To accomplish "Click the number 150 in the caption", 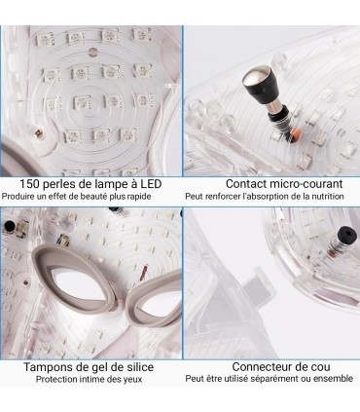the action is (29, 184).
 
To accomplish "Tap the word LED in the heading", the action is (151, 184).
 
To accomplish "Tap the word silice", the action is (139, 367).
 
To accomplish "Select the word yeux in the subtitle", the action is (133, 380).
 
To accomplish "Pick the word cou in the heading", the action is (322, 367).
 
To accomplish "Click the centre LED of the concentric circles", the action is (82, 102).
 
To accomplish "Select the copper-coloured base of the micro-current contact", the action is (297, 132).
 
